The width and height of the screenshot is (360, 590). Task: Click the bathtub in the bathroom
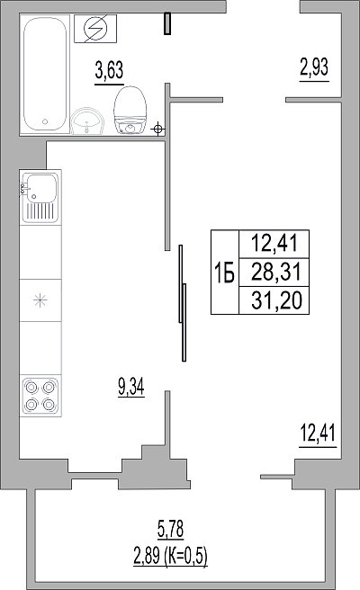[x=45, y=74]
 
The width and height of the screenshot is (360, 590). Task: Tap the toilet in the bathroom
[x=130, y=110]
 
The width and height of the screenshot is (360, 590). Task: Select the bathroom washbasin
[x=87, y=121]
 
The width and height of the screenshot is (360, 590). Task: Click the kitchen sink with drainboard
[x=40, y=198]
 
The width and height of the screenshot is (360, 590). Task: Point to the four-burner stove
[x=40, y=396]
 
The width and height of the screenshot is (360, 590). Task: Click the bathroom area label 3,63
[x=109, y=70]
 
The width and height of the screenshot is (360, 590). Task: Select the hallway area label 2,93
[x=314, y=67]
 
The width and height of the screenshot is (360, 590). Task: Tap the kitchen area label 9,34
[x=131, y=387]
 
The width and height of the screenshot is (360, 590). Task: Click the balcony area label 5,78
[x=171, y=529]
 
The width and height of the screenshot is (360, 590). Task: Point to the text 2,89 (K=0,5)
[x=171, y=556]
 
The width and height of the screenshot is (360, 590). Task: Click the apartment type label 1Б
[x=224, y=272]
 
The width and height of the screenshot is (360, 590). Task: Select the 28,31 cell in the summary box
[x=276, y=272]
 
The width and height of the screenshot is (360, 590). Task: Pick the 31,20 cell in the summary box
[x=277, y=300]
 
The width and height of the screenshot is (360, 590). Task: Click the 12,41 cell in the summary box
[x=274, y=243]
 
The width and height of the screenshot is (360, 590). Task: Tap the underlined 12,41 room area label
[x=318, y=434]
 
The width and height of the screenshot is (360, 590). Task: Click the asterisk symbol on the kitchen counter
[x=40, y=300]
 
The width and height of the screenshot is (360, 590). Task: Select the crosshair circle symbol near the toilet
[x=158, y=130]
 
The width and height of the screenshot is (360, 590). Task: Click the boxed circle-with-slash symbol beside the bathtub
[x=95, y=29]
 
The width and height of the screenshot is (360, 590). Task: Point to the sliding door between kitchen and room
[x=183, y=303]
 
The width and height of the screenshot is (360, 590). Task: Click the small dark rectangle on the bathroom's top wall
[x=167, y=23]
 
